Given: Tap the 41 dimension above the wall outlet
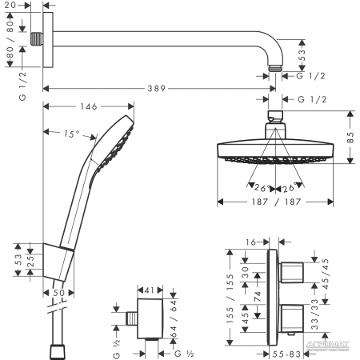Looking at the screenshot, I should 150,290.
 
